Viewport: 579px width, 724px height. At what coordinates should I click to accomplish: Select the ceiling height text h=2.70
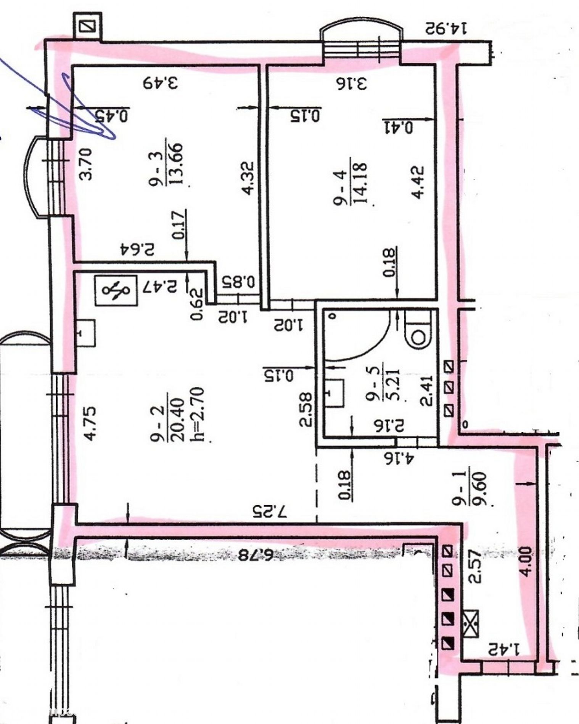(x=199, y=414)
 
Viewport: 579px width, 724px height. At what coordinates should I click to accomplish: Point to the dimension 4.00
(x=526, y=562)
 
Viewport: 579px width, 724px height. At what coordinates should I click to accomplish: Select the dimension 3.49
(x=161, y=82)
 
